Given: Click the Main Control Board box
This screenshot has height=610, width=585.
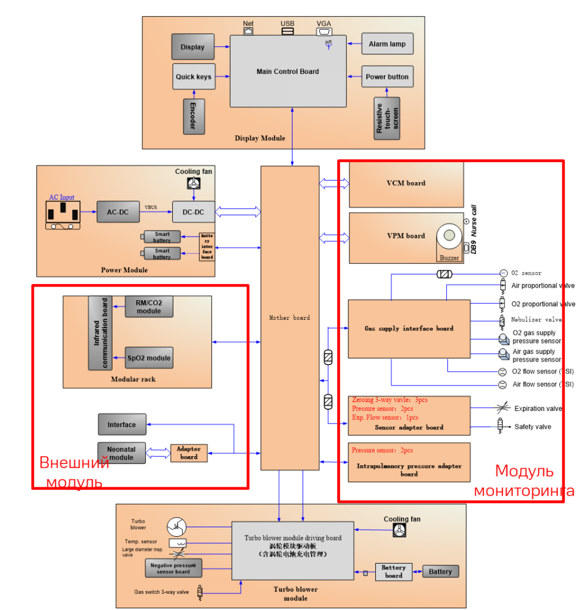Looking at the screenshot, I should click(x=288, y=71).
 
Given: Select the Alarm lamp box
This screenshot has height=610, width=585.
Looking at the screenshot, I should click(x=387, y=44).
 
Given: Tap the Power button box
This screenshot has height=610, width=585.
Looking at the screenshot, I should click(x=387, y=77).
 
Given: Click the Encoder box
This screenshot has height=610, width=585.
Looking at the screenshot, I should click(x=194, y=116).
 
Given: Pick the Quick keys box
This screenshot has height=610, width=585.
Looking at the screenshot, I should click(x=194, y=77).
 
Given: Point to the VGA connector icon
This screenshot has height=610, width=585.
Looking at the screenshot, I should click(x=324, y=32).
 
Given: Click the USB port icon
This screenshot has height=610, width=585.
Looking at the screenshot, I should click(x=288, y=32).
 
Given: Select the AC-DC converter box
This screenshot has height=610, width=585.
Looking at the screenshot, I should click(x=118, y=212).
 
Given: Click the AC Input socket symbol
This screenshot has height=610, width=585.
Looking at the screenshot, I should click(x=63, y=214).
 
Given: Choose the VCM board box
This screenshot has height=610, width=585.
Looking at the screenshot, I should click(x=406, y=183).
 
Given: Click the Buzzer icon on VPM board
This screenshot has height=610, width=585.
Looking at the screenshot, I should click(x=449, y=237).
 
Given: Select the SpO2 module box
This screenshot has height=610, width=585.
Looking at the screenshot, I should click(x=149, y=358).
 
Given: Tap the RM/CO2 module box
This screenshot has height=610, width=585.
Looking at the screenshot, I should click(x=149, y=307).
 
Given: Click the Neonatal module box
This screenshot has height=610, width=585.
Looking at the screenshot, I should click(x=122, y=453).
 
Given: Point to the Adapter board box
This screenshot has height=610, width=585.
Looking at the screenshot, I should click(x=189, y=453).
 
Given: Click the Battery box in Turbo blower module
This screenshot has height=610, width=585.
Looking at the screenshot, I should click(x=440, y=572).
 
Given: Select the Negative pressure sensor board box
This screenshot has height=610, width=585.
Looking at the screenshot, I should click(x=173, y=568).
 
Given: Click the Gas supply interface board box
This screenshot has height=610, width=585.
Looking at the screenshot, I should click(x=409, y=329).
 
